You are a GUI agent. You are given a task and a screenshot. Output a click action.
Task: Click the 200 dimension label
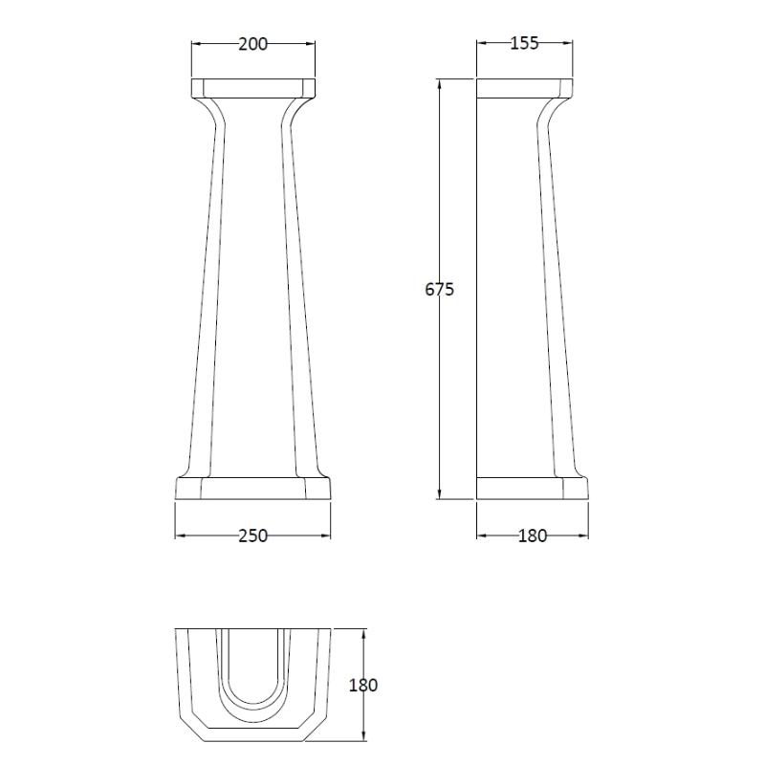click(253, 44)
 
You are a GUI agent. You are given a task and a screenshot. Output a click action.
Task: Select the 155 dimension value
click(524, 43)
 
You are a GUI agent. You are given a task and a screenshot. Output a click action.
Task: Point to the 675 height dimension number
click(439, 290)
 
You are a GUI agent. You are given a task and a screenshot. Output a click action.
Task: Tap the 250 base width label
click(253, 535)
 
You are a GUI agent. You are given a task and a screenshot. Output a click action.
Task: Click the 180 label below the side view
click(533, 535)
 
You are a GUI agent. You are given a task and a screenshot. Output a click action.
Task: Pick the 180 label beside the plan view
click(363, 686)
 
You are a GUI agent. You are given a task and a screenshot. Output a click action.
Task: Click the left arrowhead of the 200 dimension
click(196, 44)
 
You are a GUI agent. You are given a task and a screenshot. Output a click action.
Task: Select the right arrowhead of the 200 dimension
click(310, 44)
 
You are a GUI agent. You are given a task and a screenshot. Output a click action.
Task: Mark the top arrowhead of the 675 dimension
click(440, 84)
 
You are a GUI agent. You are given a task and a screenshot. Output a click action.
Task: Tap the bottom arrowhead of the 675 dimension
click(440, 493)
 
